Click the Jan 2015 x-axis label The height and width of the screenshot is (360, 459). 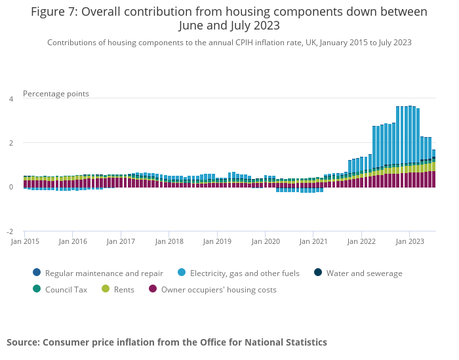coord(24,241)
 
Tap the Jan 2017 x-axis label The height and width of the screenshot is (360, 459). coord(121,241)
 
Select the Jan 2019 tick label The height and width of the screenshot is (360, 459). coord(217,241)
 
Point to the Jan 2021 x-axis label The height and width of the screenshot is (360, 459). coord(313,241)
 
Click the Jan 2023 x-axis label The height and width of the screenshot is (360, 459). coord(409,241)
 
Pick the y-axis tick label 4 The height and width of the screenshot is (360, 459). coord(10,99)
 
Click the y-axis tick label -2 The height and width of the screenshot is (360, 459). coord(9,232)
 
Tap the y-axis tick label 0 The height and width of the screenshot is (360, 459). coord(10,188)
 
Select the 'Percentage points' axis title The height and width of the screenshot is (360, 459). coord(56,94)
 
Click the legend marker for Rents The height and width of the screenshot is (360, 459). coord(105,289)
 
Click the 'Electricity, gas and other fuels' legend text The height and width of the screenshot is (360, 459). coord(245,273)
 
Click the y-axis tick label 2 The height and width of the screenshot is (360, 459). coord(10,143)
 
